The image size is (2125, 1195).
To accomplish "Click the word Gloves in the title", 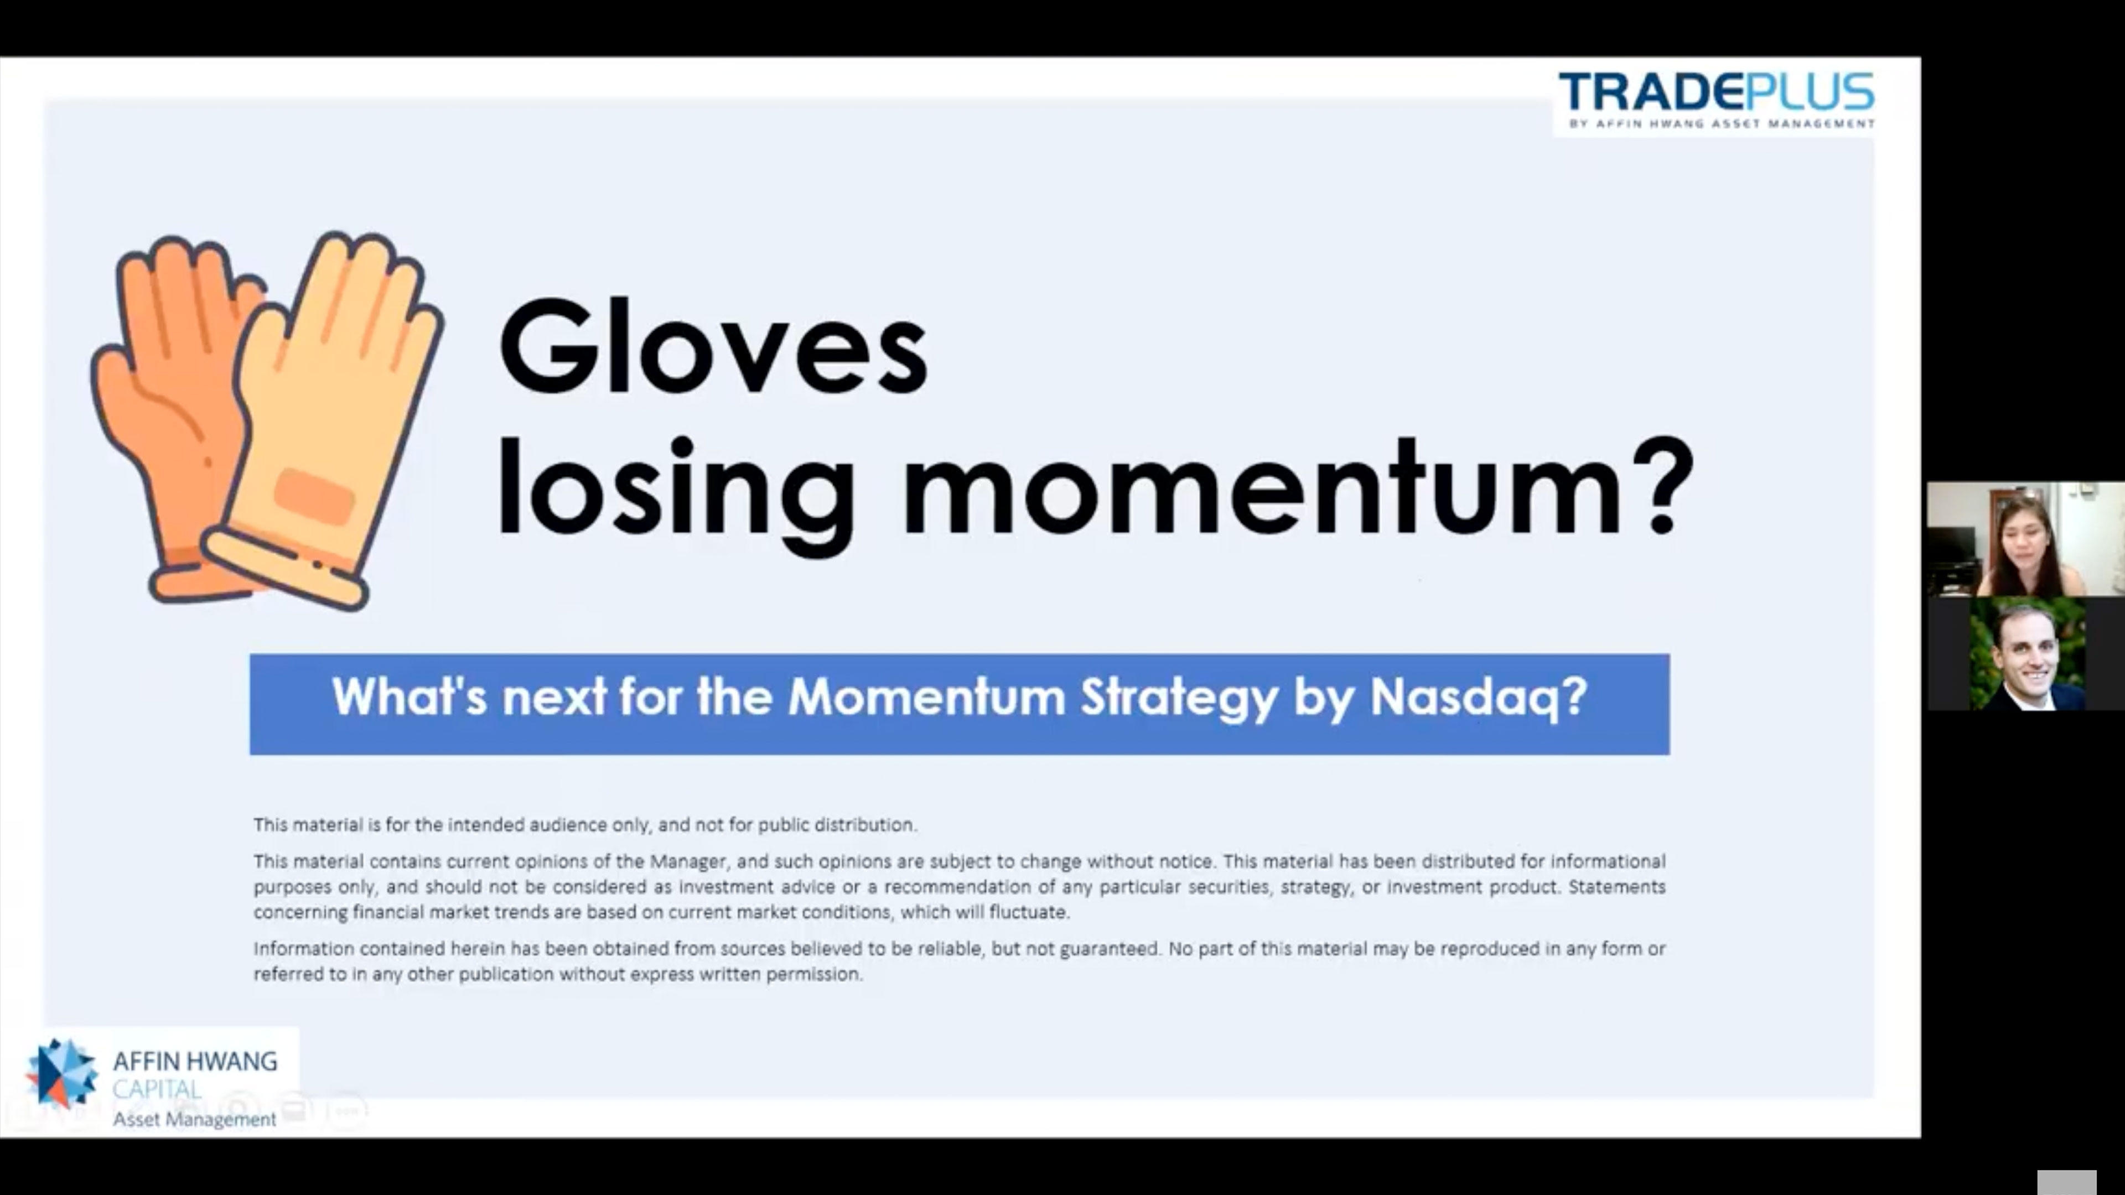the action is pos(713,346).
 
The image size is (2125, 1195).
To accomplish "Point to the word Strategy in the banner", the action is pos(1179,697).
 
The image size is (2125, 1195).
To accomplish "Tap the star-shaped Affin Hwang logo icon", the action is pos(61,1072).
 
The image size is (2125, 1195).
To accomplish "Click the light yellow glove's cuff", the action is pos(284,569).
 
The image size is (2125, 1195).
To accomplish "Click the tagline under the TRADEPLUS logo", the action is pos(1722,124).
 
